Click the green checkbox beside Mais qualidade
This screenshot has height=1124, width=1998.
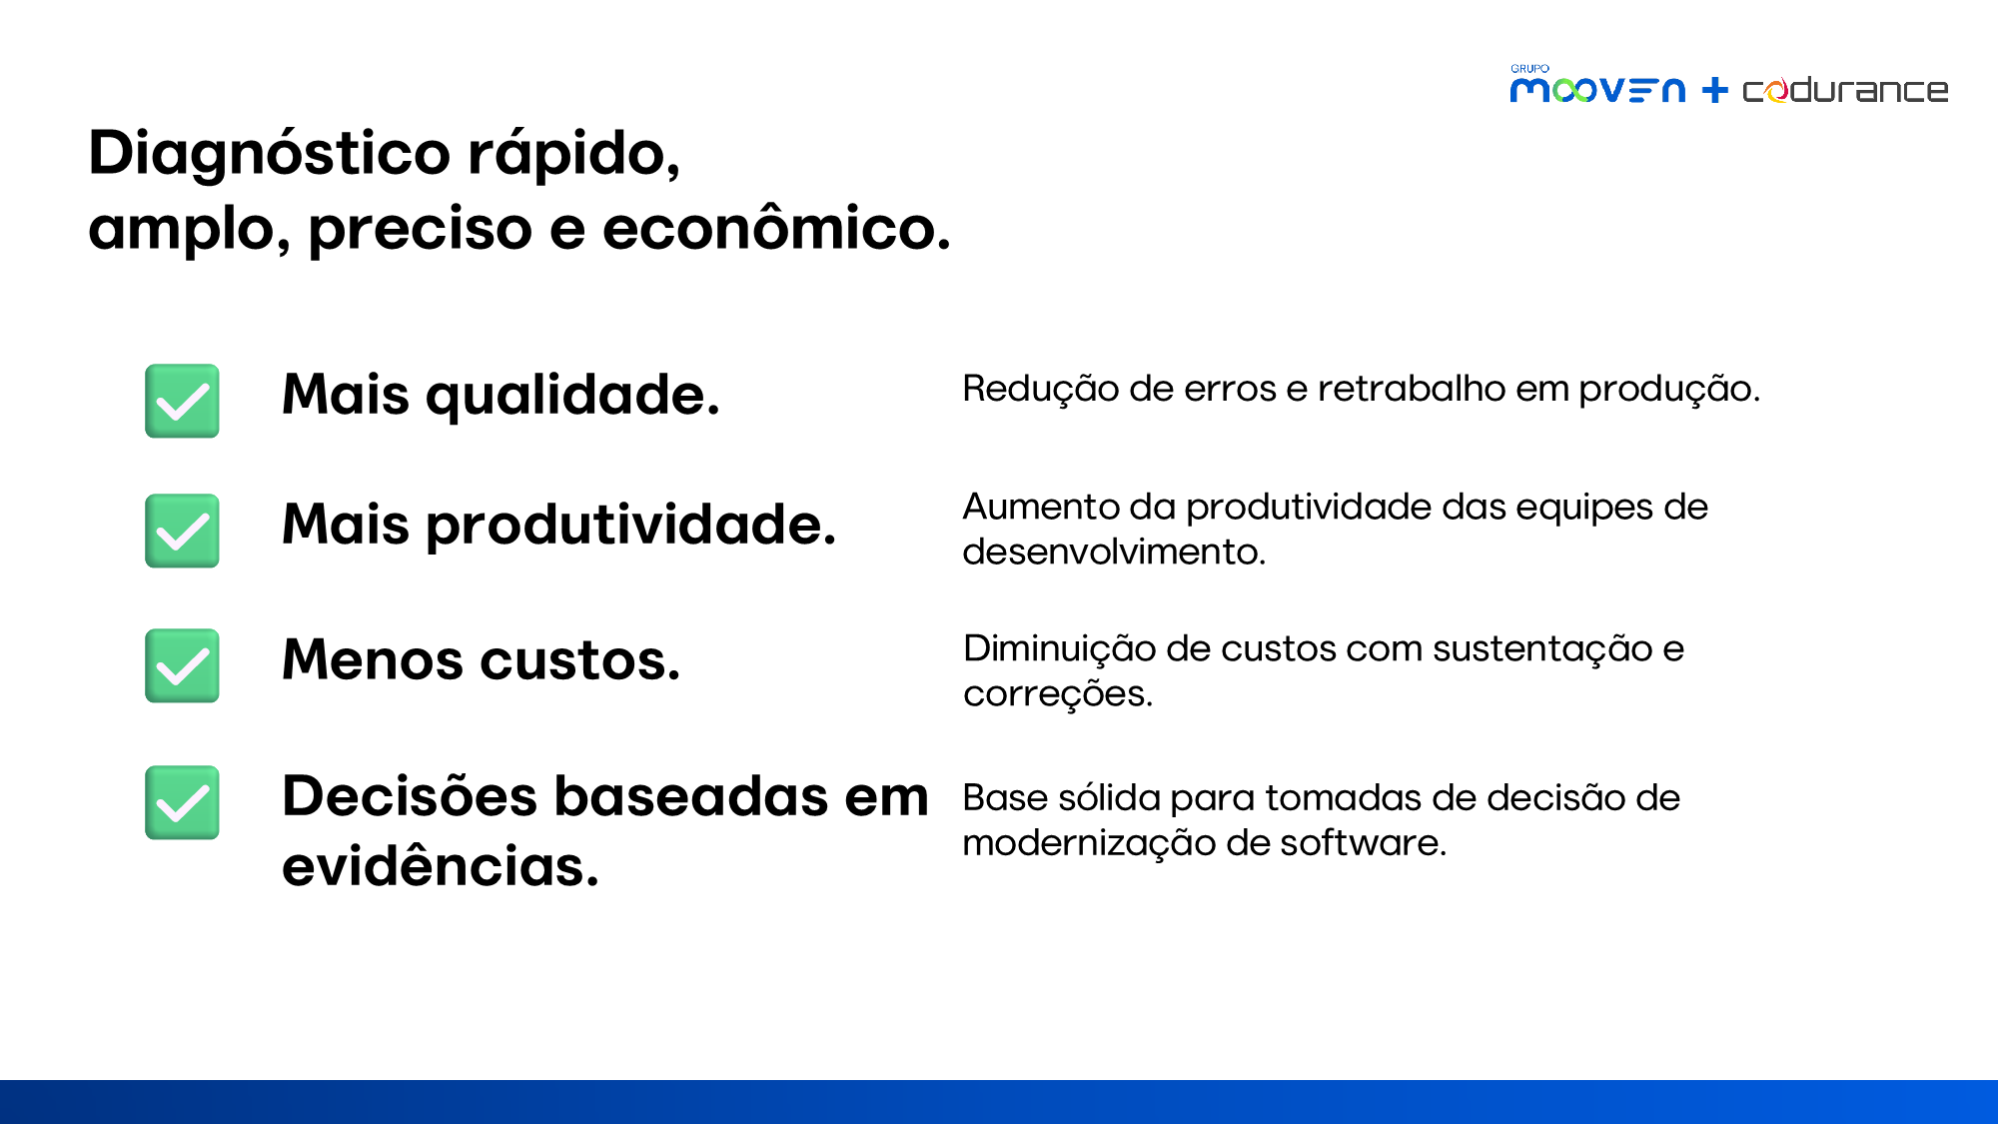pos(182,401)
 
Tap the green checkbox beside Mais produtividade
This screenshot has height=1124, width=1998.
pos(182,531)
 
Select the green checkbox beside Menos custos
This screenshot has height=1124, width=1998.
pos(182,665)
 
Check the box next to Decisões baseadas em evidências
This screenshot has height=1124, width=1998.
pos(182,802)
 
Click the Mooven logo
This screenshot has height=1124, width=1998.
pos(1597,87)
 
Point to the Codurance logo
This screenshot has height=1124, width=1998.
pos(1845,90)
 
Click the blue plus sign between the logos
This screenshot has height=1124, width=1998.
pos(1715,90)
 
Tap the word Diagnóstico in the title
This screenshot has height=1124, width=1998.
pos(270,155)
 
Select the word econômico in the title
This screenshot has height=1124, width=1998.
pos(776,227)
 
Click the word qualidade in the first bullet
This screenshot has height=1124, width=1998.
pos(572,396)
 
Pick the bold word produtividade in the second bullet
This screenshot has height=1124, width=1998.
pos(631,525)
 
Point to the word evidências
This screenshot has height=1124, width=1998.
pos(441,865)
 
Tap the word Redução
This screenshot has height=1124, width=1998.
pos(1041,390)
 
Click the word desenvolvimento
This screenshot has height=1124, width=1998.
pos(1114,552)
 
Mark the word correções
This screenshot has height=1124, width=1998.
pos(1058,694)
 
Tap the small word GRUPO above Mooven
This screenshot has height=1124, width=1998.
pos(1529,68)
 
